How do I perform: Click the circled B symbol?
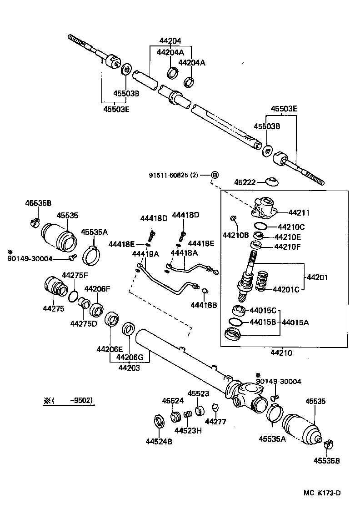[x=215, y=175]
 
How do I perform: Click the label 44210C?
[x=291, y=227]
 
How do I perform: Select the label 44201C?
[x=285, y=289]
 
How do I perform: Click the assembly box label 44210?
[x=281, y=353]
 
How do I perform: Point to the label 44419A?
[x=145, y=253]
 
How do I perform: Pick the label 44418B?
[x=203, y=305]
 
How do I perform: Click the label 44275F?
[x=75, y=275]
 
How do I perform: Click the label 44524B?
[x=159, y=441]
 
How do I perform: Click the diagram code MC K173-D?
[x=322, y=493]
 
